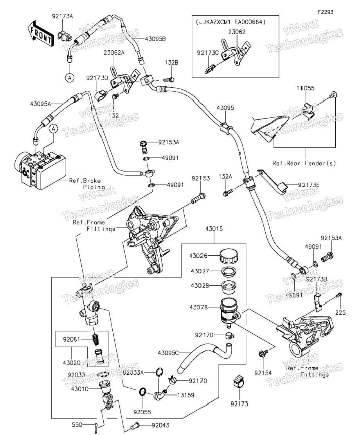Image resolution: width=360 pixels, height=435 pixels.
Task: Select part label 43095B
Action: tap(155, 39)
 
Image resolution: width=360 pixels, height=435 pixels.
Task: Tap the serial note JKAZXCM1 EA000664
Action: tap(230, 23)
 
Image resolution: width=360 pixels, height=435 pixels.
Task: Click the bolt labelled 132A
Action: tap(228, 192)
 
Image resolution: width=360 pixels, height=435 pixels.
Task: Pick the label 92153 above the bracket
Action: tap(201, 179)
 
